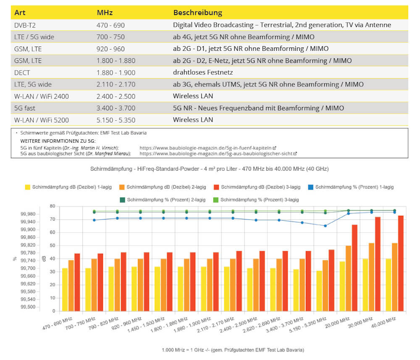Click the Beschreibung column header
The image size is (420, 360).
coord(198,13)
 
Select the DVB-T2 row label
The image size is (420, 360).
coord(25,25)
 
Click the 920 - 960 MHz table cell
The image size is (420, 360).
coord(110,49)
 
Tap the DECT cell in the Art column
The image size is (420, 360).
coord(23,73)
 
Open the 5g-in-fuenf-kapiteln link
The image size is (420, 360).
coord(205,148)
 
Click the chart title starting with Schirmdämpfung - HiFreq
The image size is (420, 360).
coord(209,169)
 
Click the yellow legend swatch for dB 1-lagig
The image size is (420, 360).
coord(28,187)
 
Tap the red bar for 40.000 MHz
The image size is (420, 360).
coord(401,263)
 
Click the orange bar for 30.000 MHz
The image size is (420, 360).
coord(371,277)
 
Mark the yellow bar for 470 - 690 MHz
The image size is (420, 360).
coord(65,290)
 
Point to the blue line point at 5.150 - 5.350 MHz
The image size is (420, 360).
coord(325,226)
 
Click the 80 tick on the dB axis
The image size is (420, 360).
coord(52,206)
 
